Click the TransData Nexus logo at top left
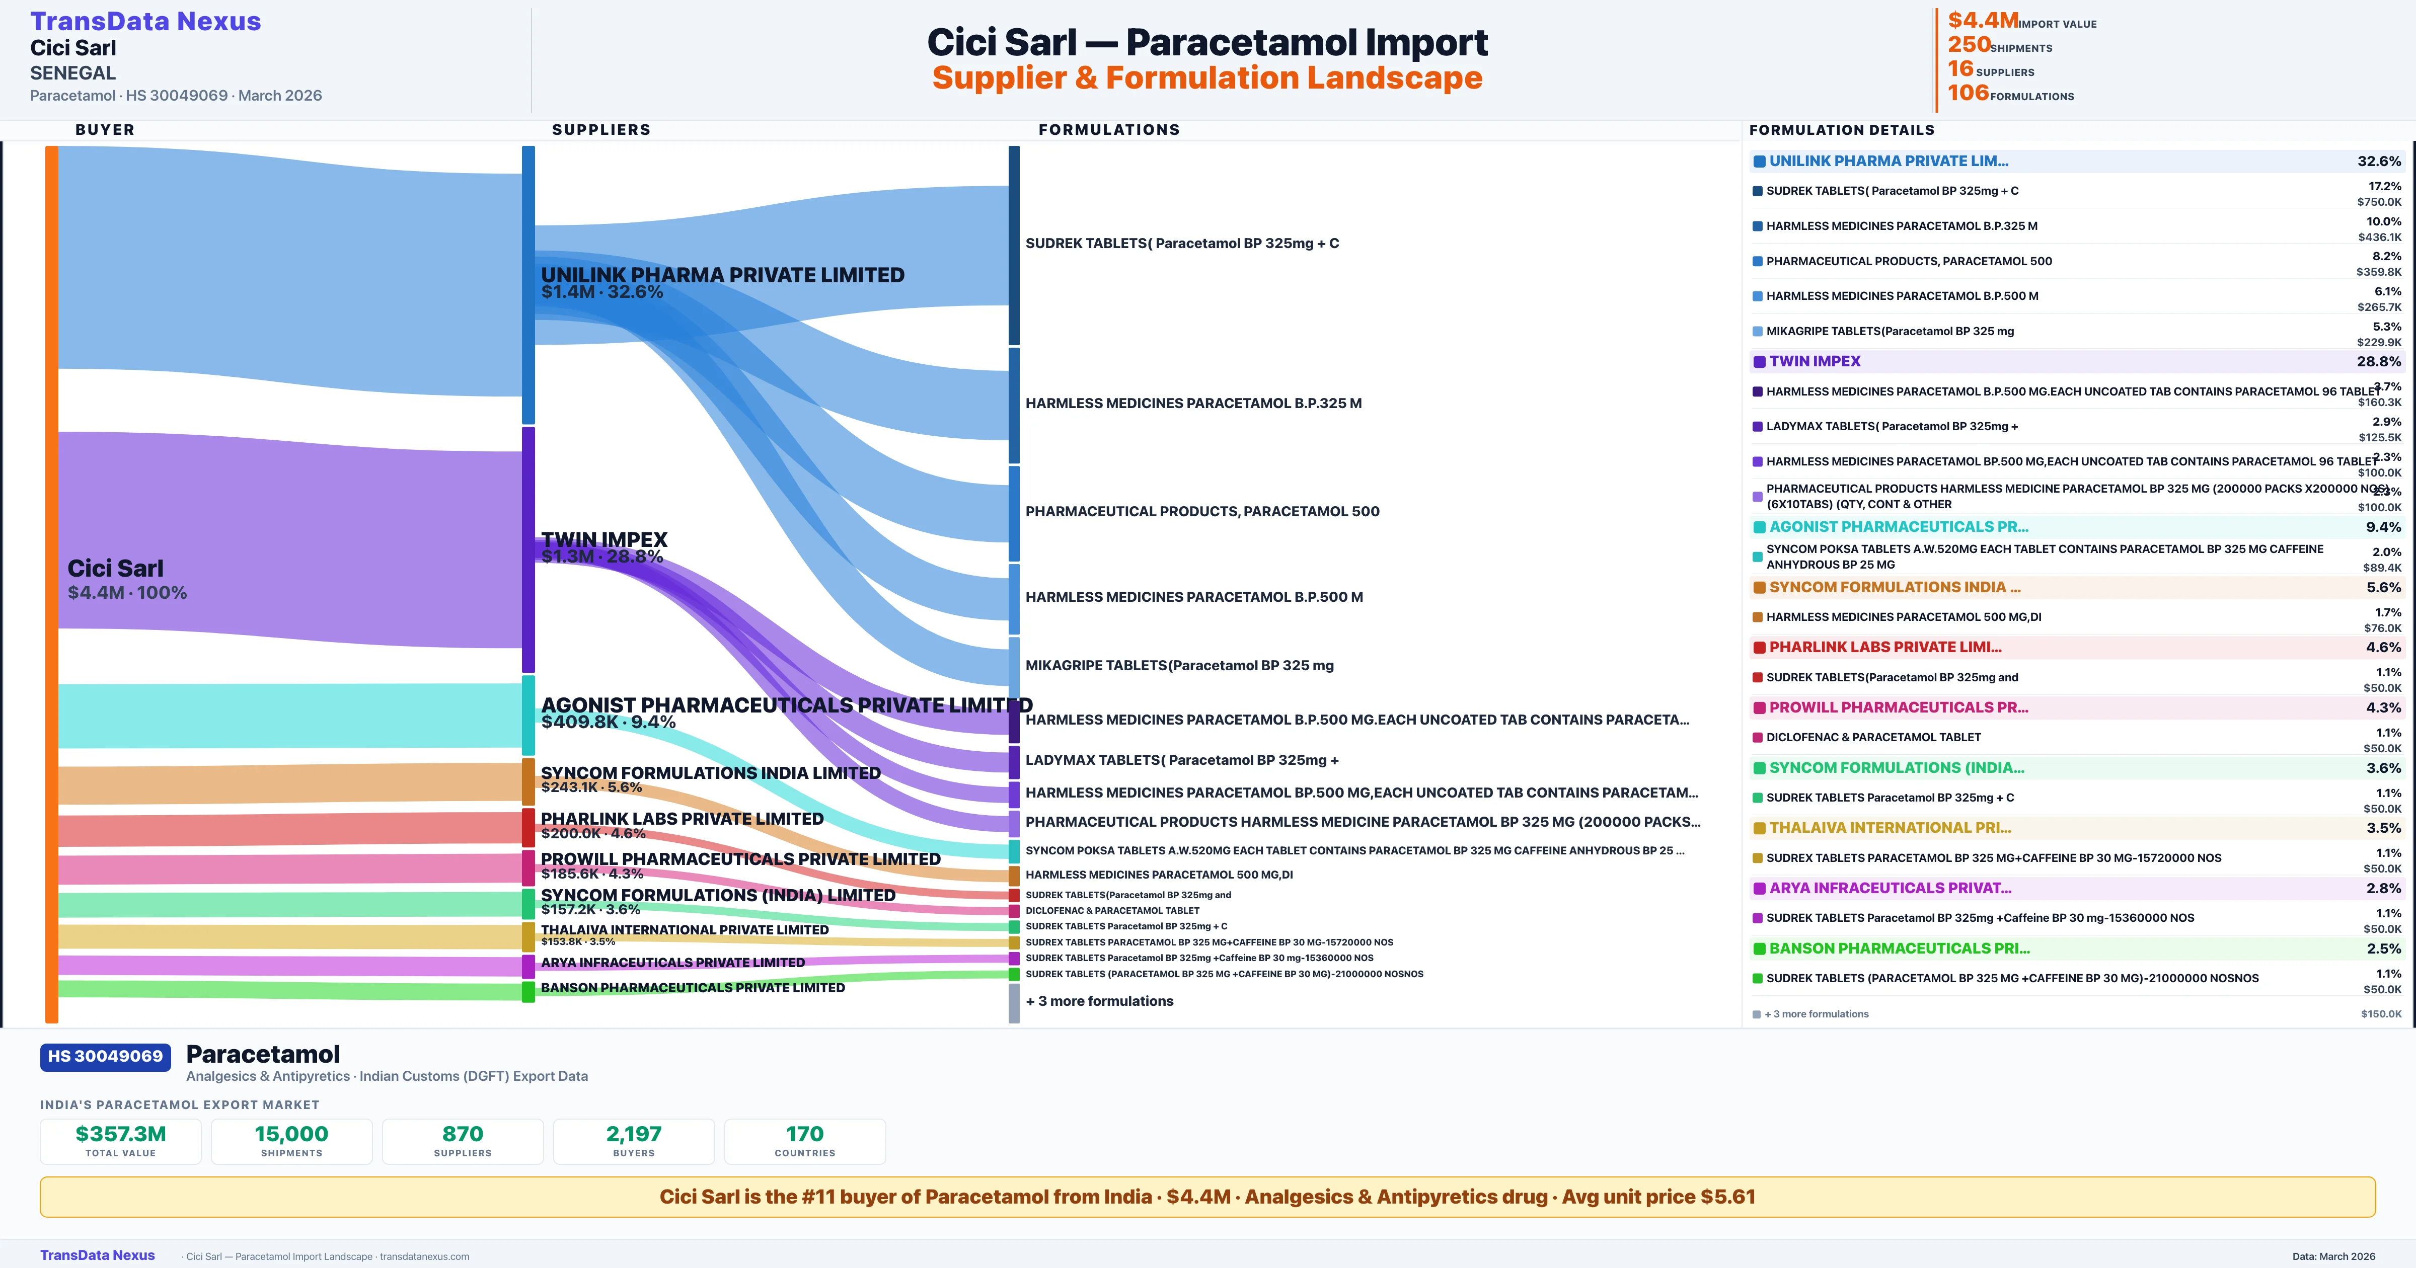[145, 22]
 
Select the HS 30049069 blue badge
[105, 1056]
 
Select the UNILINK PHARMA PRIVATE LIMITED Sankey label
[722, 275]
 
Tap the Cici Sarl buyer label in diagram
[115, 569]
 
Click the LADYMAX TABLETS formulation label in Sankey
[1182, 760]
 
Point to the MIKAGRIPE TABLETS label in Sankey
[1179, 665]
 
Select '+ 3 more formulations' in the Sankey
[1099, 1001]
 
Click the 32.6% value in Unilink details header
[2378, 162]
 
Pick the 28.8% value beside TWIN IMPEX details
[2378, 361]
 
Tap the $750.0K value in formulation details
[2378, 202]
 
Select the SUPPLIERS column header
[601, 129]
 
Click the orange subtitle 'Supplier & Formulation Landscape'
[1207, 78]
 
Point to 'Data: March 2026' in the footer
[2333, 1256]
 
